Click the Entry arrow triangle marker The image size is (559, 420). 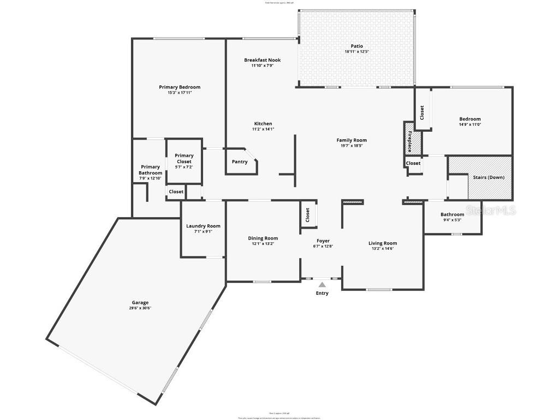click(322, 284)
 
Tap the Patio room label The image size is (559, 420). click(353, 46)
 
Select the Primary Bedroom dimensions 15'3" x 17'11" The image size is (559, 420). click(180, 93)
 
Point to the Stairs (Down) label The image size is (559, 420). click(489, 177)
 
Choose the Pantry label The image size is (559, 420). click(240, 162)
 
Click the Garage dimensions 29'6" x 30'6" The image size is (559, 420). click(140, 308)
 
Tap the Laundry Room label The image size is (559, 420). click(203, 226)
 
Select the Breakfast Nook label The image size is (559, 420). click(262, 60)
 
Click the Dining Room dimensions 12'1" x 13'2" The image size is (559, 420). click(263, 244)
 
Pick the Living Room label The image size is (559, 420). click(383, 243)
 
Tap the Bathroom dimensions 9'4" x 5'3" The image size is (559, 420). click(452, 220)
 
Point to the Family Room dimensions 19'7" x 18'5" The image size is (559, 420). click(351, 146)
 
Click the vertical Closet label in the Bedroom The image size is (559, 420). click(422, 113)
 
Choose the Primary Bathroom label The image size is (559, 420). click(150, 170)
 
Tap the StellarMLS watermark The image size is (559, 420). click(491, 210)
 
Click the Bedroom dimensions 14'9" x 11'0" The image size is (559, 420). click(469, 125)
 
